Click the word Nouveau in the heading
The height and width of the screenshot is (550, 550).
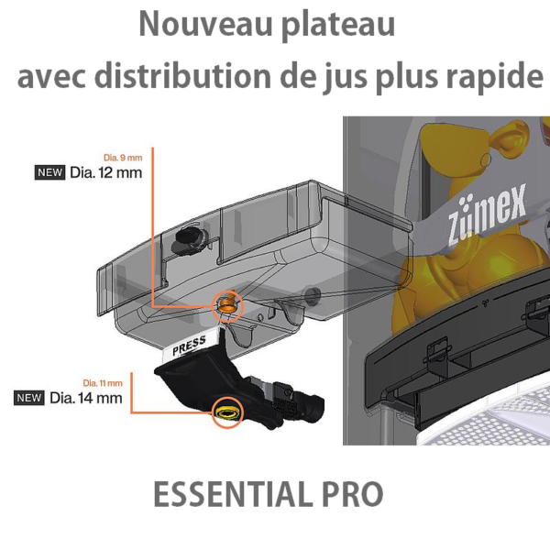pos(206,24)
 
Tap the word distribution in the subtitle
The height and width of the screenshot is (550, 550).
pos(182,76)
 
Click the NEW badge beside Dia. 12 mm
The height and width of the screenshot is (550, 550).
pos(49,172)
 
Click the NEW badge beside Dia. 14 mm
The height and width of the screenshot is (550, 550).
pos(29,398)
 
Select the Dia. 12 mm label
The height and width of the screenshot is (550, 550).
pos(106,172)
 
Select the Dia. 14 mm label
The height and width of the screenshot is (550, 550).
pos(86,398)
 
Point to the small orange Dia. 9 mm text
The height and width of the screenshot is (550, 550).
pos(123,158)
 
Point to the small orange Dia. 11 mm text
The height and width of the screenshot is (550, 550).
pos(103,383)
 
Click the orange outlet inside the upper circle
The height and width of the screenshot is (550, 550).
pos(226,303)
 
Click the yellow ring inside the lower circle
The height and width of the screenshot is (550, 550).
pos(227,412)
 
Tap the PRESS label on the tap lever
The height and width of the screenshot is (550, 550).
pos(190,346)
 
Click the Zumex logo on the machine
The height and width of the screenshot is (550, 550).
pos(488,214)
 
